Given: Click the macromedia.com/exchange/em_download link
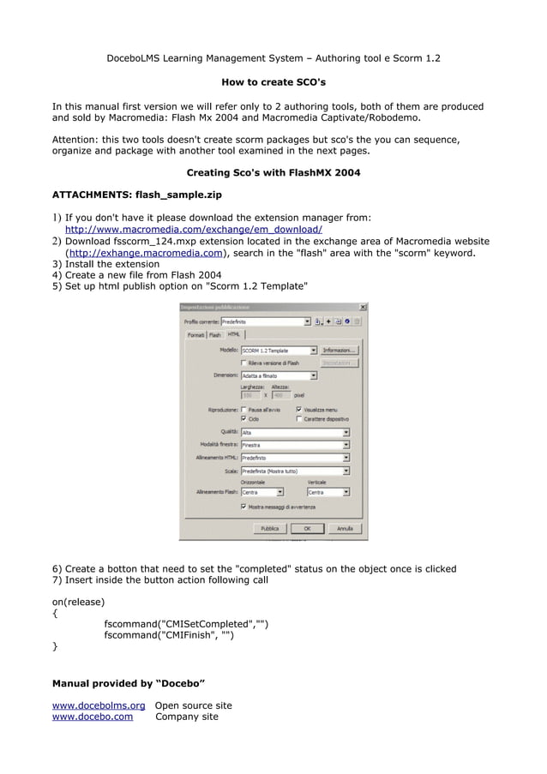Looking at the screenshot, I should pyautogui.click(x=194, y=230).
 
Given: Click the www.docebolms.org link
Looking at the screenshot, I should pyautogui.click(x=99, y=705).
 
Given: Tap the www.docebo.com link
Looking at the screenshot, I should pyautogui.click(x=93, y=717).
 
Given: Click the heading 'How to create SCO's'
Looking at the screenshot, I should pyautogui.click(x=273, y=82).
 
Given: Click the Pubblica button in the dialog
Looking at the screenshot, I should pyautogui.click(x=269, y=529).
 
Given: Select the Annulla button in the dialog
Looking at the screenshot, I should pyautogui.click(x=345, y=529).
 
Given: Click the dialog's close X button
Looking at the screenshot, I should pyautogui.click(x=362, y=307).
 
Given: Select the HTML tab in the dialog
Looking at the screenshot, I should pyautogui.click(x=234, y=334).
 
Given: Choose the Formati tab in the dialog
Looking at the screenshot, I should pyautogui.click(x=195, y=335).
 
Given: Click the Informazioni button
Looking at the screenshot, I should pyautogui.click(x=340, y=351).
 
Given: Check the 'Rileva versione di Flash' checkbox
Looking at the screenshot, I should pyautogui.click(x=244, y=363).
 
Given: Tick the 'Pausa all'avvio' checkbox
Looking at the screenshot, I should pyautogui.click(x=244, y=410).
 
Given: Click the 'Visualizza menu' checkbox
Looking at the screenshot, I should pyautogui.click(x=299, y=410).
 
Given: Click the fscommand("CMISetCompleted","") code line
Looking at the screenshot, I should pyautogui.click(x=186, y=624).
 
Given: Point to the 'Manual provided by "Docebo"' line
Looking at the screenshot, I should pyautogui.click(x=129, y=683).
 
